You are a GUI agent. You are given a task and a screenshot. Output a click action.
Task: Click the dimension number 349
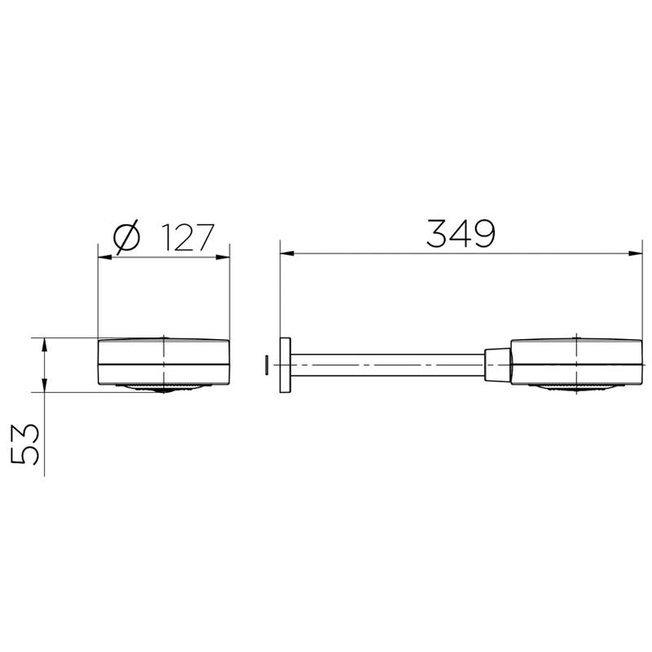[460, 234]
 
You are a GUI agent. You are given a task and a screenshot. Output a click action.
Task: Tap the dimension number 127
[187, 237]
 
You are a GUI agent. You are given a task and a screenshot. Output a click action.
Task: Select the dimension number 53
[25, 444]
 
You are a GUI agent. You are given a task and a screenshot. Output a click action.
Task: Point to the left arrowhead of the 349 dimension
[287, 253]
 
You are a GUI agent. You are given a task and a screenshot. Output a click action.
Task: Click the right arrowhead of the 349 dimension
[636, 253]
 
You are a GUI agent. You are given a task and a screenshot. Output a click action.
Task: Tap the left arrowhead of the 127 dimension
[105, 258]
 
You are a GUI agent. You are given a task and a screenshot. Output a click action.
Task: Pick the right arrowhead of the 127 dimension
[222, 258]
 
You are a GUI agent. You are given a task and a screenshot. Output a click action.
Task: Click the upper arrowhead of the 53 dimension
[45, 345]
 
